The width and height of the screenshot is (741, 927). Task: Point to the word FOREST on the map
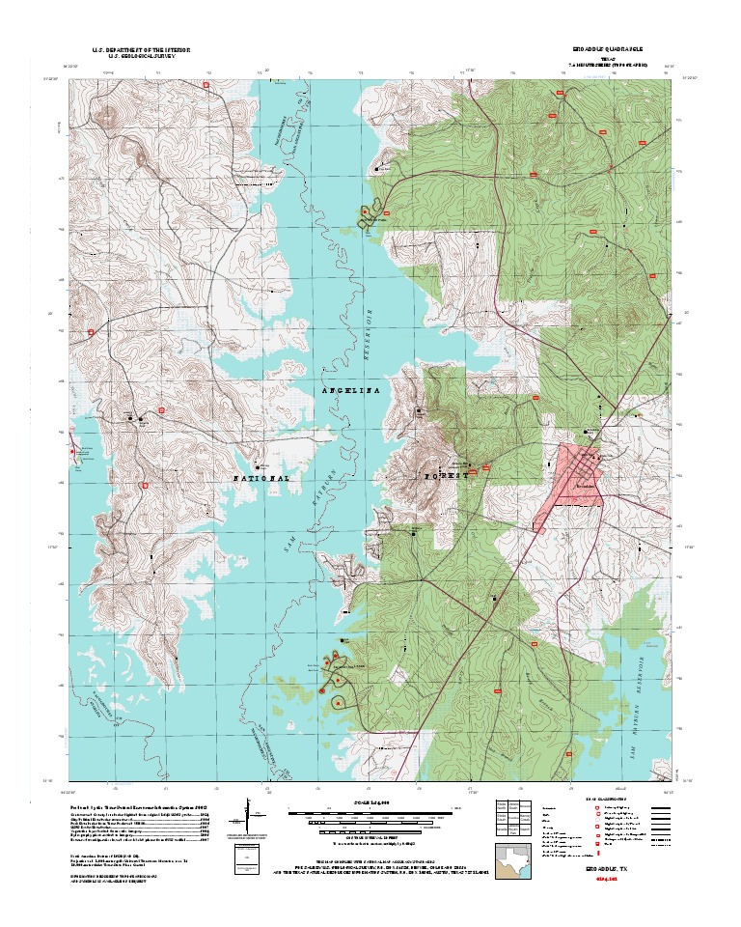446,476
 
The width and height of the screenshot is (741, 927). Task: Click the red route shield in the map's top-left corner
206,85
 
